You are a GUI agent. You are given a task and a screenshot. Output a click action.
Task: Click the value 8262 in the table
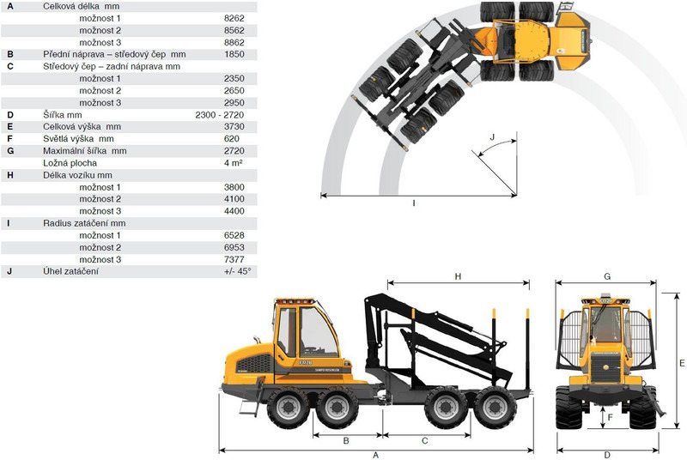[234, 18]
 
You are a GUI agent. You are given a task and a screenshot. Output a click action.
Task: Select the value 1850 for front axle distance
[234, 54]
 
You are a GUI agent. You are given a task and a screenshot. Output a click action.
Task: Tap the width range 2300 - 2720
[220, 115]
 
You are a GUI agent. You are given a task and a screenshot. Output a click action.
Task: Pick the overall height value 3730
[234, 126]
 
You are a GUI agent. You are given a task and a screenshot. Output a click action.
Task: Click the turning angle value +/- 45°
[238, 271]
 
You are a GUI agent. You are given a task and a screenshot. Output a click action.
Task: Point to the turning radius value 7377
[234, 259]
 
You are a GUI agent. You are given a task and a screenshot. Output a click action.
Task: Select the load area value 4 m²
[233, 163]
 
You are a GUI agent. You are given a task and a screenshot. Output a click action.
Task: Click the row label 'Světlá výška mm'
[78, 139]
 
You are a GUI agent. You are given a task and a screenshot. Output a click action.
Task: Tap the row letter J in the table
[9, 271]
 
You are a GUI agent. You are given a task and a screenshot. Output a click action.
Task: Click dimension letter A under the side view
[375, 455]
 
